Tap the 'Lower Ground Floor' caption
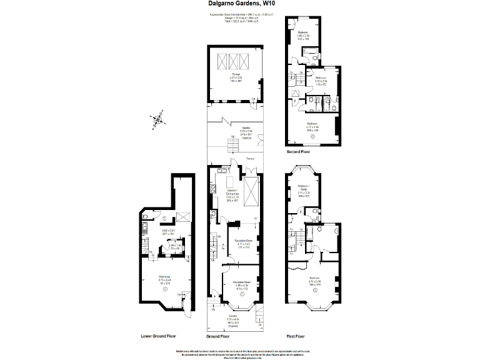pos(158,335)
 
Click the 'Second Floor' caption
pos(299,151)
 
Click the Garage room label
pos(236,76)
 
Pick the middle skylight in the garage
pos(236,62)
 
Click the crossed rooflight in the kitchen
pos(252,192)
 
